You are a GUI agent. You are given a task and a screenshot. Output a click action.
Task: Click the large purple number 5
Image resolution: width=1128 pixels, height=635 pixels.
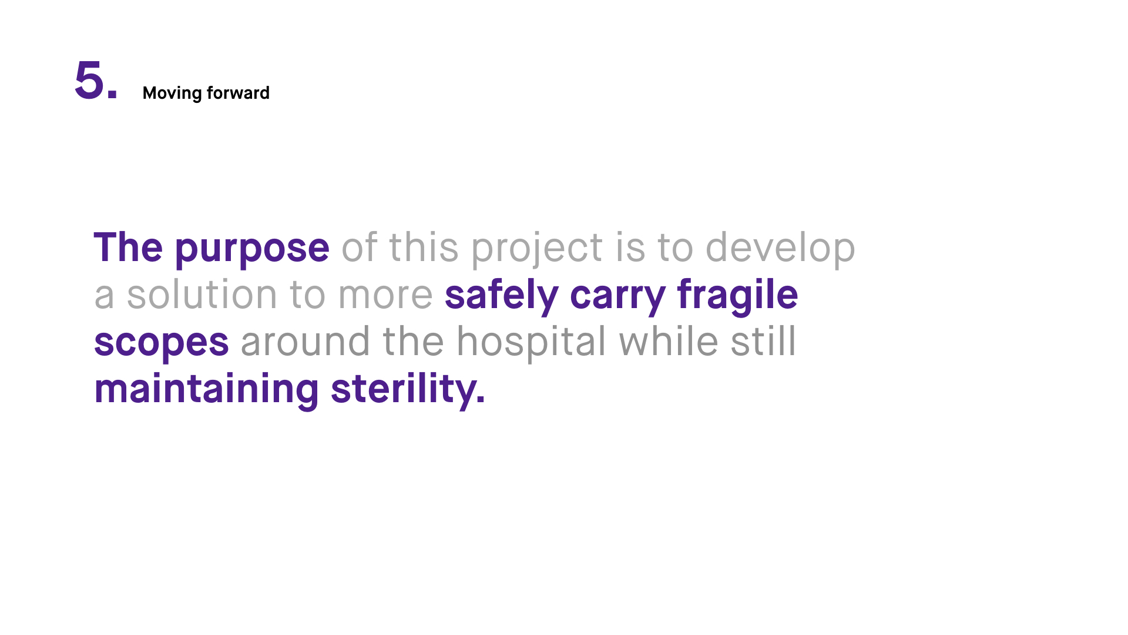tap(89, 80)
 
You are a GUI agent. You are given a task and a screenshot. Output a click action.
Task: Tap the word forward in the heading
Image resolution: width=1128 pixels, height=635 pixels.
tap(238, 93)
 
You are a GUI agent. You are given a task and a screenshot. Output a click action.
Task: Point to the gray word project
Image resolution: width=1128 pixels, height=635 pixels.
tap(537, 249)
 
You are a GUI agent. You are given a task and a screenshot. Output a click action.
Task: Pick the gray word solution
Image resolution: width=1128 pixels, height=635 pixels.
tap(202, 295)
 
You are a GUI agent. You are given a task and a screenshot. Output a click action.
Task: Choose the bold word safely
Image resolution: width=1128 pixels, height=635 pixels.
tap(501, 296)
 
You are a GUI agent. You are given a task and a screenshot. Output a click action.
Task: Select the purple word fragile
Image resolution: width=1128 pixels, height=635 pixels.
tap(737, 296)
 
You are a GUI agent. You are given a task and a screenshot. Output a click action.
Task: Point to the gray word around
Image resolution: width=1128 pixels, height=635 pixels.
tap(305, 342)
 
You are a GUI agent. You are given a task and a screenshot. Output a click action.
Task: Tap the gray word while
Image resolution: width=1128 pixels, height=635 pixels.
tap(669, 341)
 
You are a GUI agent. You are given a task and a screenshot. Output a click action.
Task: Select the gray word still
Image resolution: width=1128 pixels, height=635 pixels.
tap(763, 341)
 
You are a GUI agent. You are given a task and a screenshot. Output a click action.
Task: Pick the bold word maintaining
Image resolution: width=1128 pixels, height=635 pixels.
tap(206, 390)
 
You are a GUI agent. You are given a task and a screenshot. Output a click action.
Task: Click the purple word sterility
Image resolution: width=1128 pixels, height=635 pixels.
tap(408, 390)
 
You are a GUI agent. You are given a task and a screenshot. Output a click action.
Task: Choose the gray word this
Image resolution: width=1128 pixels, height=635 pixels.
tap(423, 248)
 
